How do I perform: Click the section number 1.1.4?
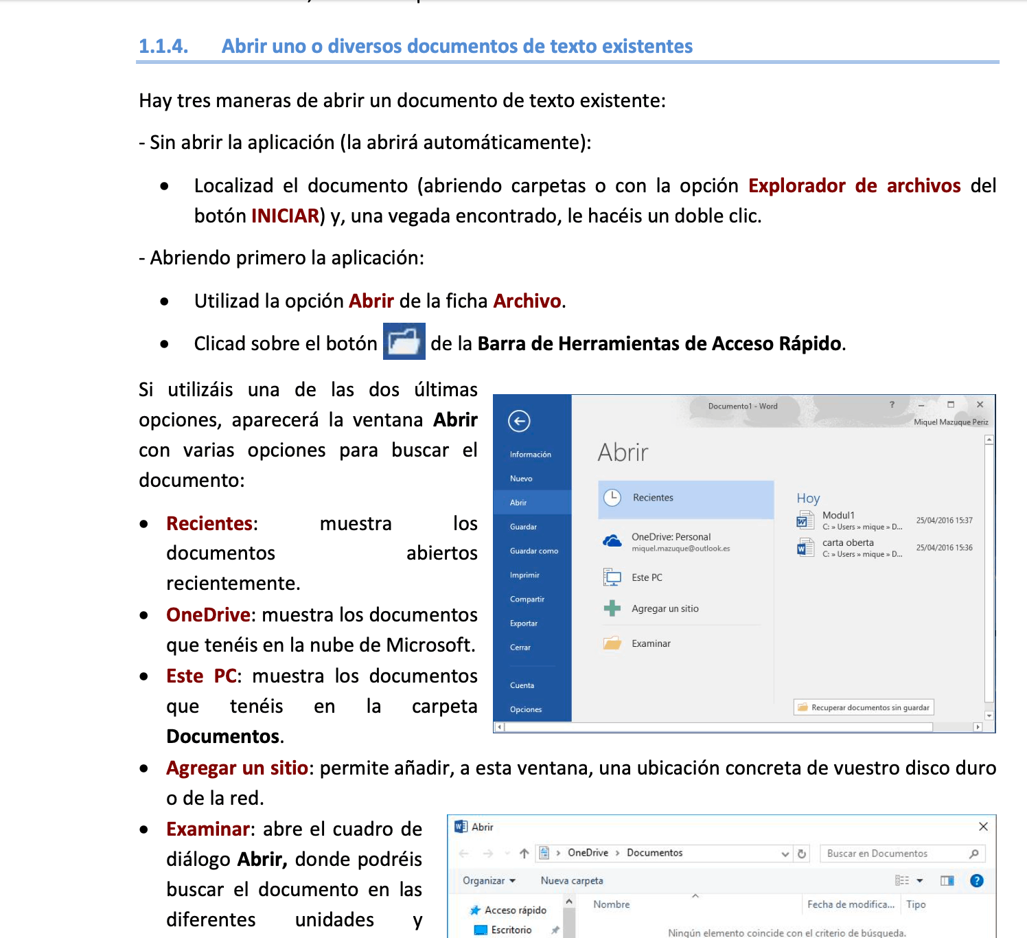click(163, 46)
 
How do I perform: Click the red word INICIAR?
click(285, 216)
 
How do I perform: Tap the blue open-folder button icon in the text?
click(404, 341)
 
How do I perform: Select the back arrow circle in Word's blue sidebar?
click(519, 421)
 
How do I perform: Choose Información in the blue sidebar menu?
click(530, 455)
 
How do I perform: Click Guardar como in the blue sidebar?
click(533, 551)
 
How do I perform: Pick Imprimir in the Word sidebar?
click(524, 575)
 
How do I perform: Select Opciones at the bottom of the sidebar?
click(525, 709)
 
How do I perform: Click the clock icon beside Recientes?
click(612, 498)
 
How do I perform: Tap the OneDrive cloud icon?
click(612, 541)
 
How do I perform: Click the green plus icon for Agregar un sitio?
click(612, 608)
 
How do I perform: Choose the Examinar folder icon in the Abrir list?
click(612, 643)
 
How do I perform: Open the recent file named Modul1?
click(838, 516)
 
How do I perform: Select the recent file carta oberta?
click(848, 543)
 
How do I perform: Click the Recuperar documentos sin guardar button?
click(864, 707)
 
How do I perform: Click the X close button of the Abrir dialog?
click(983, 827)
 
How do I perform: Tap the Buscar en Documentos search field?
click(895, 854)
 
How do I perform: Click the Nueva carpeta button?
click(572, 881)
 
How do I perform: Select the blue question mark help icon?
click(977, 881)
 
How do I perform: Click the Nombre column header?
click(611, 905)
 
